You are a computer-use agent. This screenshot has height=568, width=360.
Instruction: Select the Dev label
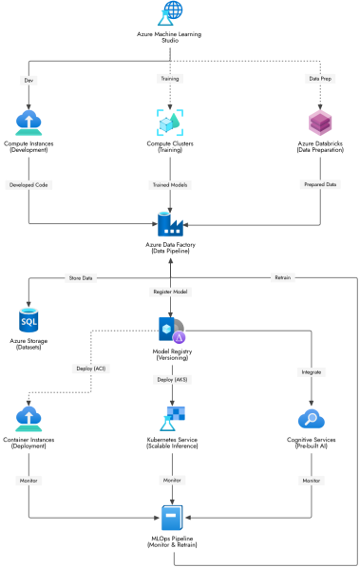pos(28,80)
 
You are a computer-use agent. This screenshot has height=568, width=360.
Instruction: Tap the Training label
pos(171,78)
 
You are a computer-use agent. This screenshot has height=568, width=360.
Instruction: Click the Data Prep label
pos(319,78)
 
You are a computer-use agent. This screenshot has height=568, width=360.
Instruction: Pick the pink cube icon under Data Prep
pos(320,123)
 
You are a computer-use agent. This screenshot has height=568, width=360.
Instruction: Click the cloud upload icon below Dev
pos(28,123)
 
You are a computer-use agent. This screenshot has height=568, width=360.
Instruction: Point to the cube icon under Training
pos(170,123)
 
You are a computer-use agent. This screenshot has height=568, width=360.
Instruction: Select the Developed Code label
pos(28,184)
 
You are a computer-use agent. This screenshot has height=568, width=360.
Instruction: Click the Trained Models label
pos(171,184)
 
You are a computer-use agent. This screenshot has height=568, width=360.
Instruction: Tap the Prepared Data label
pos(320,184)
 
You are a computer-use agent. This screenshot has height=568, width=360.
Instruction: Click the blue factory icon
pos(170,224)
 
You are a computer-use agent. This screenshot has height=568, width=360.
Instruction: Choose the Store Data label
pos(80,278)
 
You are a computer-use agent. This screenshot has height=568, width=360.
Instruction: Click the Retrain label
pos(282,277)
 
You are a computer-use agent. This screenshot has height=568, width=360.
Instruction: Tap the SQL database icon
pos(28,319)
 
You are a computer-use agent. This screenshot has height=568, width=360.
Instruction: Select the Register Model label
pos(170,292)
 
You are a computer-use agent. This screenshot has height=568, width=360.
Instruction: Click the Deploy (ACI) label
pos(90,368)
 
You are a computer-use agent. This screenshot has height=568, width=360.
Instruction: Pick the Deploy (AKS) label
pos(171,379)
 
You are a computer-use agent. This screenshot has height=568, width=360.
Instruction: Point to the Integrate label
pos(312,372)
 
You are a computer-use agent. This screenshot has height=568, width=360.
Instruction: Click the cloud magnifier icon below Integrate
pos(311,419)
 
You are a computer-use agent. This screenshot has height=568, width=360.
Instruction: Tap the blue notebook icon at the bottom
pos(171,518)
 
